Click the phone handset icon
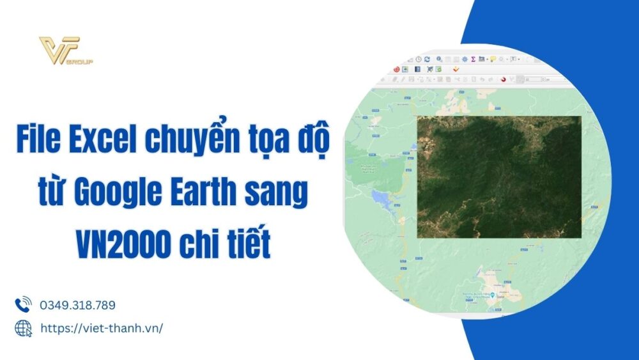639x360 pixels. point(23,304)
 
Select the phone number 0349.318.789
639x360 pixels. point(77,305)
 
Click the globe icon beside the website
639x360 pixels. point(23,328)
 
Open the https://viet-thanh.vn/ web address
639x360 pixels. point(102,328)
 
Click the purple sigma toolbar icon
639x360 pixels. point(472,59)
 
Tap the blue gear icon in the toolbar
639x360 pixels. point(465,59)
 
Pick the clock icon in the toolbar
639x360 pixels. point(418,59)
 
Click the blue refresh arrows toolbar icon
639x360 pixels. point(427,59)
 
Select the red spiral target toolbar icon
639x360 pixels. point(397,69)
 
